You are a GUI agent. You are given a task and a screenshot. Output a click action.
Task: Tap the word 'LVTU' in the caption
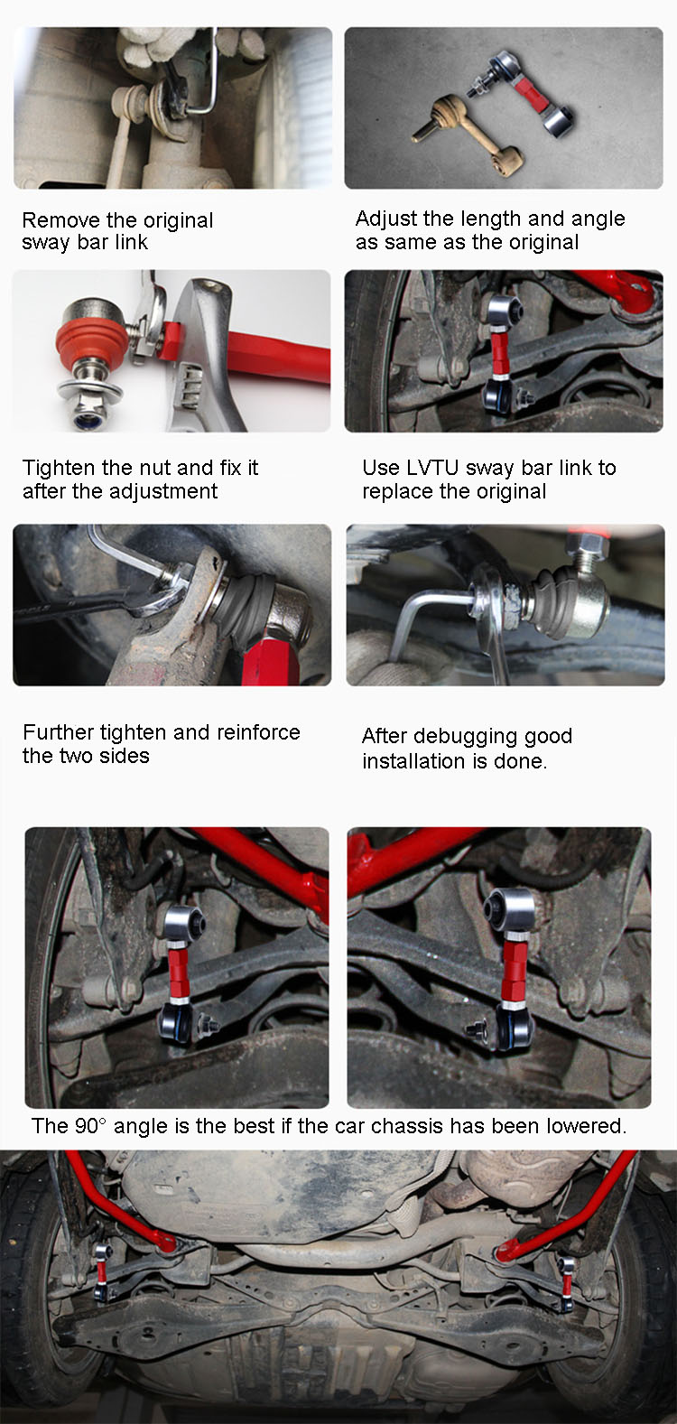[x=432, y=467]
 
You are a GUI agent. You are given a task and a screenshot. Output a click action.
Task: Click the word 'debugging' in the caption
[x=465, y=737]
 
